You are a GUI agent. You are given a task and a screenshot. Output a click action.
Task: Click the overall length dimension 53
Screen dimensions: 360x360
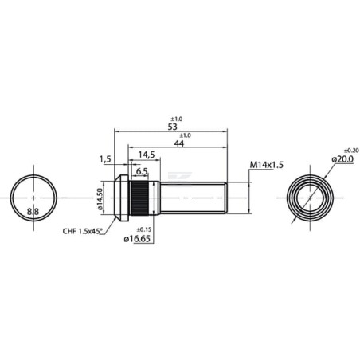pyautogui.click(x=172, y=127)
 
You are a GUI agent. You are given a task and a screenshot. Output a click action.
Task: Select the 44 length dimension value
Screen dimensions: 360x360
pyautogui.click(x=179, y=143)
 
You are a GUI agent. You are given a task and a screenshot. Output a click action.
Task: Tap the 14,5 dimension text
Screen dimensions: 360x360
pyautogui.click(x=147, y=155)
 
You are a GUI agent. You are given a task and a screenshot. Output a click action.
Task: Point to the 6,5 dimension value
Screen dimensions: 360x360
pyautogui.click(x=142, y=171)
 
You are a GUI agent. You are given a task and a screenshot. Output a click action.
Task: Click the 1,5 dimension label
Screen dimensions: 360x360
pyautogui.click(x=105, y=159)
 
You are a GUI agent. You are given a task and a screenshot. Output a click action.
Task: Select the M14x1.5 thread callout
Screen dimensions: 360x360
pyautogui.click(x=267, y=165)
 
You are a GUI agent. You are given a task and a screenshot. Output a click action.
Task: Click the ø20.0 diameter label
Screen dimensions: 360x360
pyautogui.click(x=342, y=159)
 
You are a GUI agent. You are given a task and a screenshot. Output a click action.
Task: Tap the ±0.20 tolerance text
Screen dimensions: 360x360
pyautogui.click(x=351, y=151)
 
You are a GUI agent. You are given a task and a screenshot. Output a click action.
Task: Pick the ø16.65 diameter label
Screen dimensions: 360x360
pyautogui.click(x=137, y=239)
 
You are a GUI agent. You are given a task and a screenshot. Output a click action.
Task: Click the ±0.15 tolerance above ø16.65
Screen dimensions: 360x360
pyautogui.click(x=143, y=229)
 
